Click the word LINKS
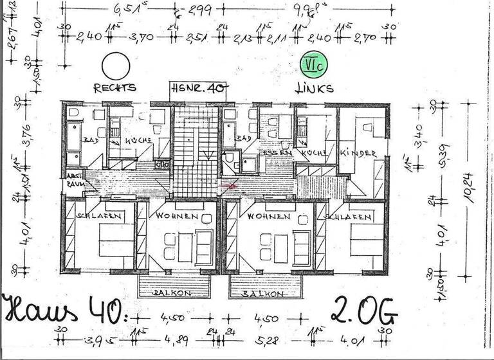[x=315, y=88]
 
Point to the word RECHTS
[x=115, y=88]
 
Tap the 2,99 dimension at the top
[x=197, y=9]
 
